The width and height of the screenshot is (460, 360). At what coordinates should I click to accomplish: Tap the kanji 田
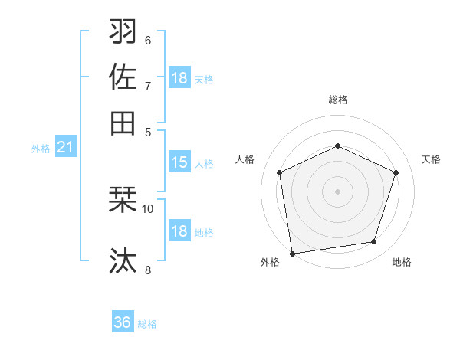[x=123, y=123]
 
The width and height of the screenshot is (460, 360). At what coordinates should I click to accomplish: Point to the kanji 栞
[x=123, y=200]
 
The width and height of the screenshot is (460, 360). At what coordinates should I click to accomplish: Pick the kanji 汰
[x=123, y=260]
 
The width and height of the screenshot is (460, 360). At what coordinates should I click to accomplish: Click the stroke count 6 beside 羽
[x=147, y=40]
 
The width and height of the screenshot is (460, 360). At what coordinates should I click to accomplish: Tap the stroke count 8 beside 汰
[x=147, y=269]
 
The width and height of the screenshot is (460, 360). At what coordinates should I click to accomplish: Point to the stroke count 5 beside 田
[x=148, y=131]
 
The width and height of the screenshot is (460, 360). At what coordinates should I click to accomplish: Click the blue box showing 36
[x=123, y=322]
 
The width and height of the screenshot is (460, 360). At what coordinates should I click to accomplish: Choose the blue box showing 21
[x=65, y=147]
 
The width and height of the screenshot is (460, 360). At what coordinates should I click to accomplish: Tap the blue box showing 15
[x=179, y=162]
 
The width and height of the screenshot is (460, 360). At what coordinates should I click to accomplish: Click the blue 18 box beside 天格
[x=179, y=78]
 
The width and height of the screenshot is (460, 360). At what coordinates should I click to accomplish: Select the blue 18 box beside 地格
[x=179, y=231]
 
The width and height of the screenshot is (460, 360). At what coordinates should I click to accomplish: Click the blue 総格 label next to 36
[x=147, y=324]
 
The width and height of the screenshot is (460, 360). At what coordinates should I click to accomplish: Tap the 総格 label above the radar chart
[x=337, y=100]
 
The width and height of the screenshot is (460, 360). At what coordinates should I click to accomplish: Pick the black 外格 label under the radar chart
[x=270, y=263]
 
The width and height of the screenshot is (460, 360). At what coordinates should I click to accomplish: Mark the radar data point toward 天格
[x=396, y=172]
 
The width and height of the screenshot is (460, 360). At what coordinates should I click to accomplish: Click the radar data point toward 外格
[x=292, y=253]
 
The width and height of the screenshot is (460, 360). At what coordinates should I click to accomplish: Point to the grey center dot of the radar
[x=337, y=191]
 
